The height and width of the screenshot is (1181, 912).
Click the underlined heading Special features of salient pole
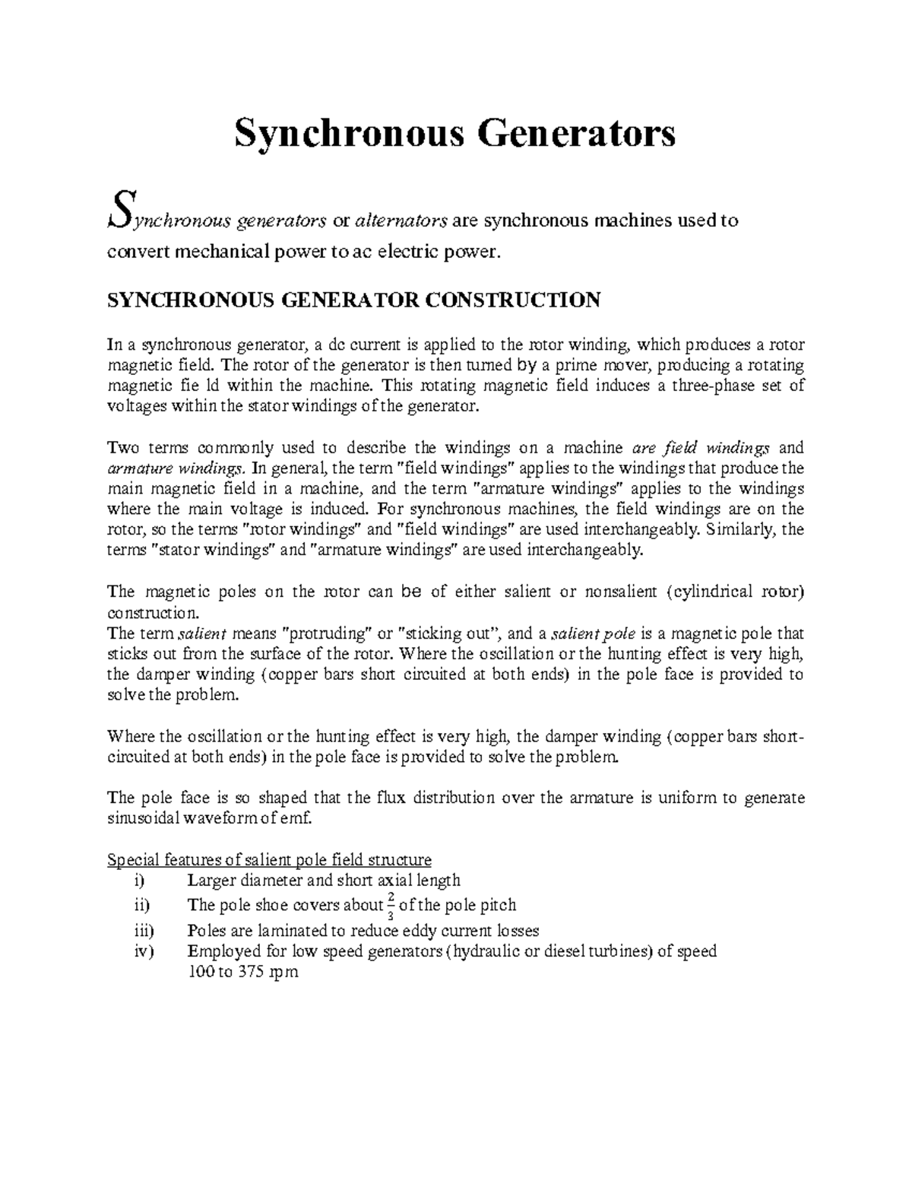coord(270,860)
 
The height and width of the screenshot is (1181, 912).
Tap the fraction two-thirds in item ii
coord(391,905)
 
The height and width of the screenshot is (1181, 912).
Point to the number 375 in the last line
coord(248,972)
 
